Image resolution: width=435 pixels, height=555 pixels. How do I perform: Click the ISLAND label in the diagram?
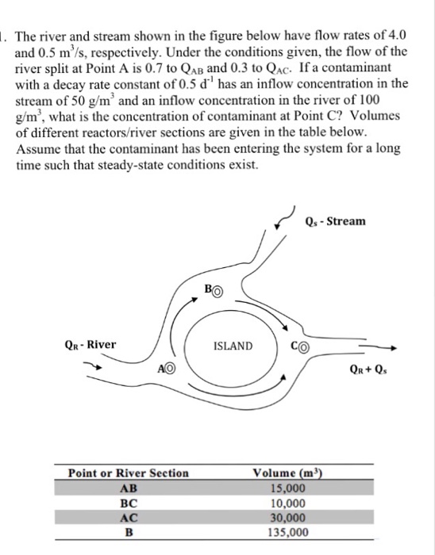pos(233,346)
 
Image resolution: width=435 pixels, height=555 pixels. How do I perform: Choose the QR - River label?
pos(90,344)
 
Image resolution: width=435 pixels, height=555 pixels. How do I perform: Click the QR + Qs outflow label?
pos(375,368)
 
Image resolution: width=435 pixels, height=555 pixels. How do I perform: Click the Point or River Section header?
pos(129,473)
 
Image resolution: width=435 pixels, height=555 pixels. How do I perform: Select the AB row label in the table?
pos(128,488)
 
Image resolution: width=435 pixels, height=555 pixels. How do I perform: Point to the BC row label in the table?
pos(128,503)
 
